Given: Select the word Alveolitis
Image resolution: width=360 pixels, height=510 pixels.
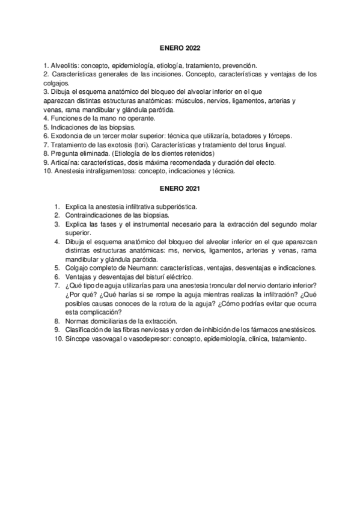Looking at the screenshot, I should click(64, 64).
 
